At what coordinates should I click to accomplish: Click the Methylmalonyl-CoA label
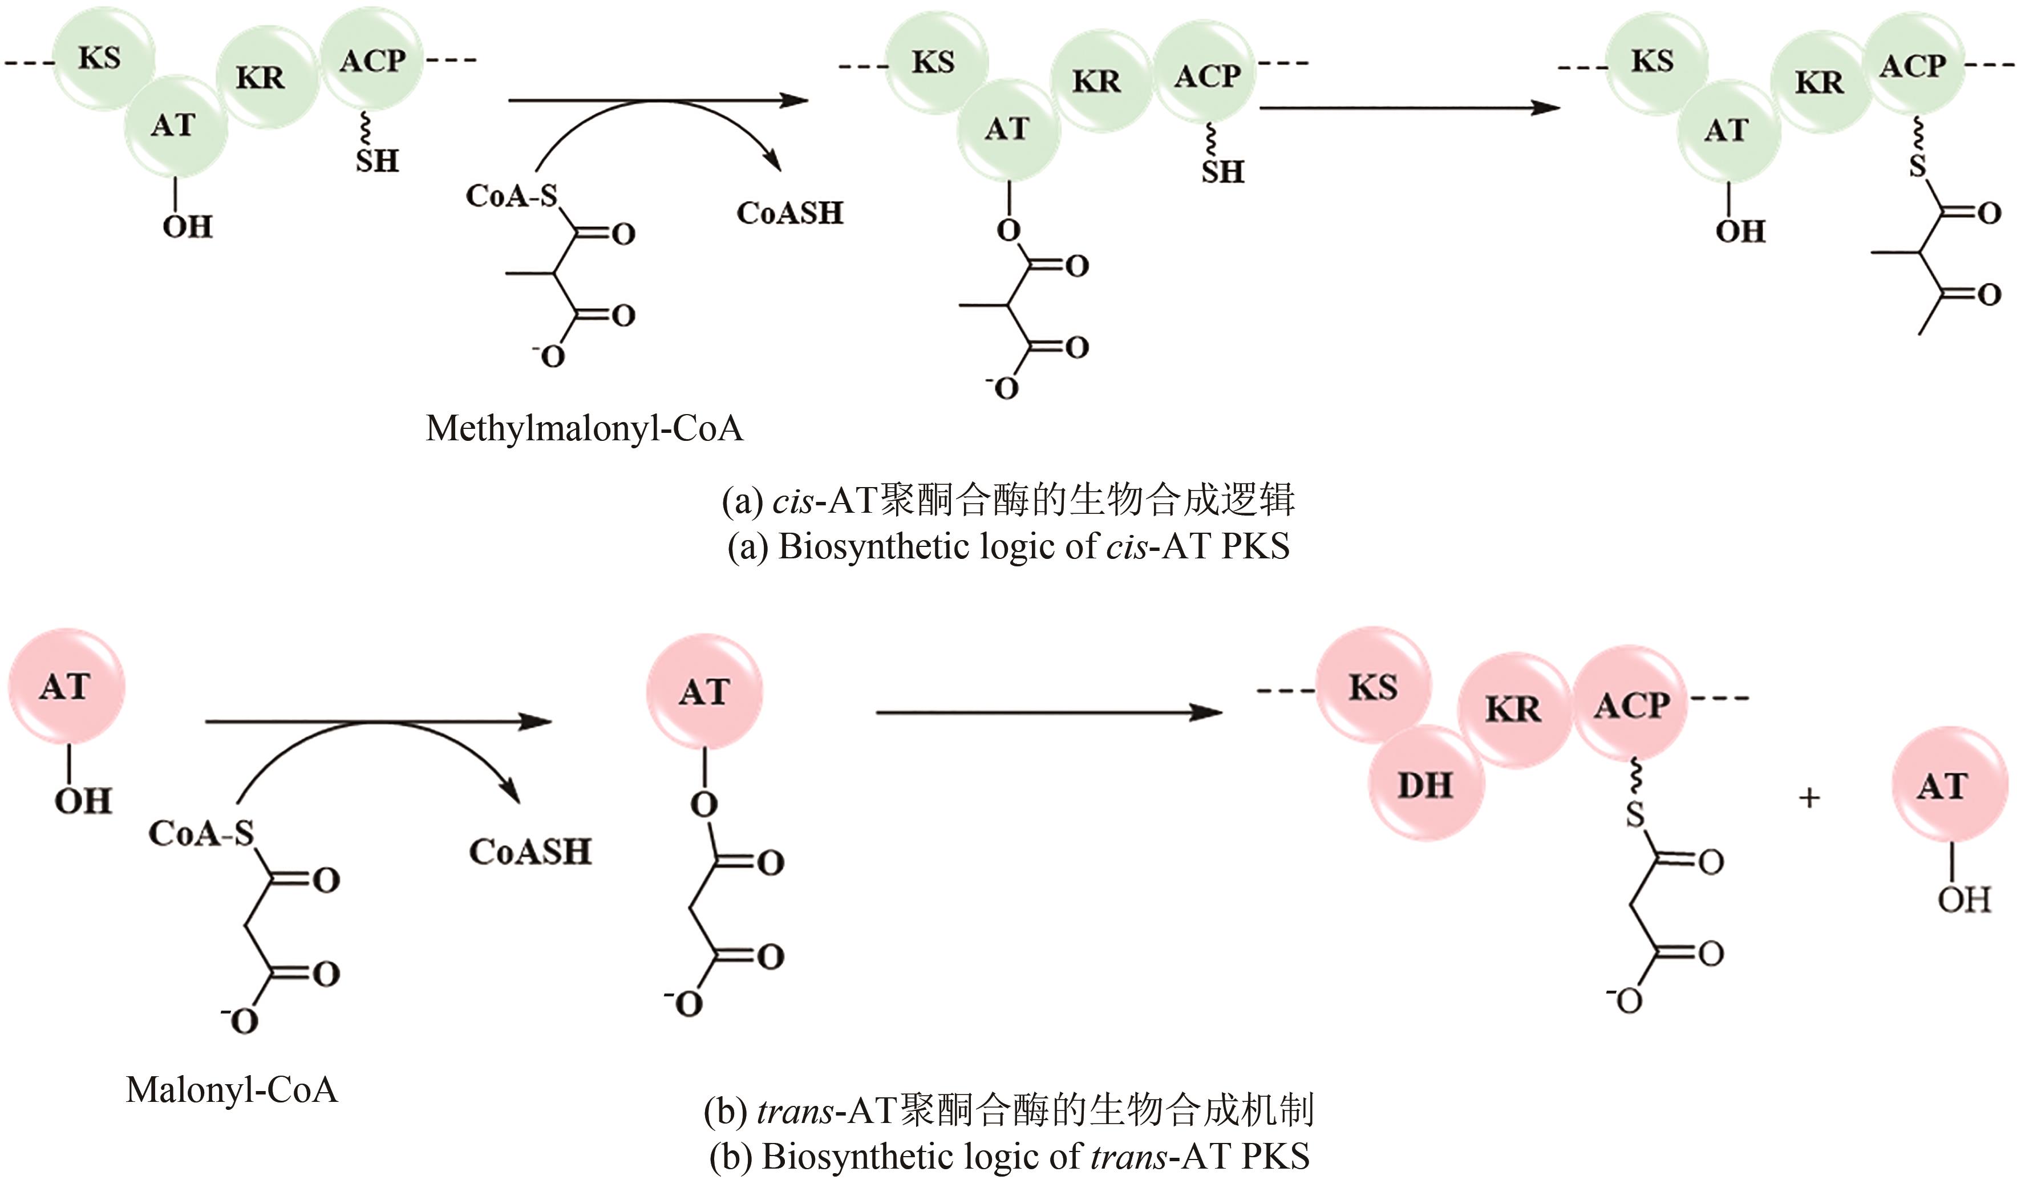pos(584,429)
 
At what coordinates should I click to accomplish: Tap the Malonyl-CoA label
pos(232,1090)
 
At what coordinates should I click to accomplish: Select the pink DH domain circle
pos(1426,784)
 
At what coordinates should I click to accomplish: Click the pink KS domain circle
pos(1373,686)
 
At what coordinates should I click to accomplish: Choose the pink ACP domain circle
pos(1631,704)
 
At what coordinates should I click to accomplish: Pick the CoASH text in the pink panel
pos(530,852)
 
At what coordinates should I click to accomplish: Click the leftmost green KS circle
pos(100,58)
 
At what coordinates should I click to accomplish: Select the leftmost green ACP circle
pos(372,61)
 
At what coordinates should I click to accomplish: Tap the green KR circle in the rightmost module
pos(1820,82)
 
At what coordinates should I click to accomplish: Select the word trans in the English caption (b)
pos(1129,1157)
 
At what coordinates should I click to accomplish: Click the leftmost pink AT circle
pos(66,686)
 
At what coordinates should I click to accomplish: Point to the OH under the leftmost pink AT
pos(83,801)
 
